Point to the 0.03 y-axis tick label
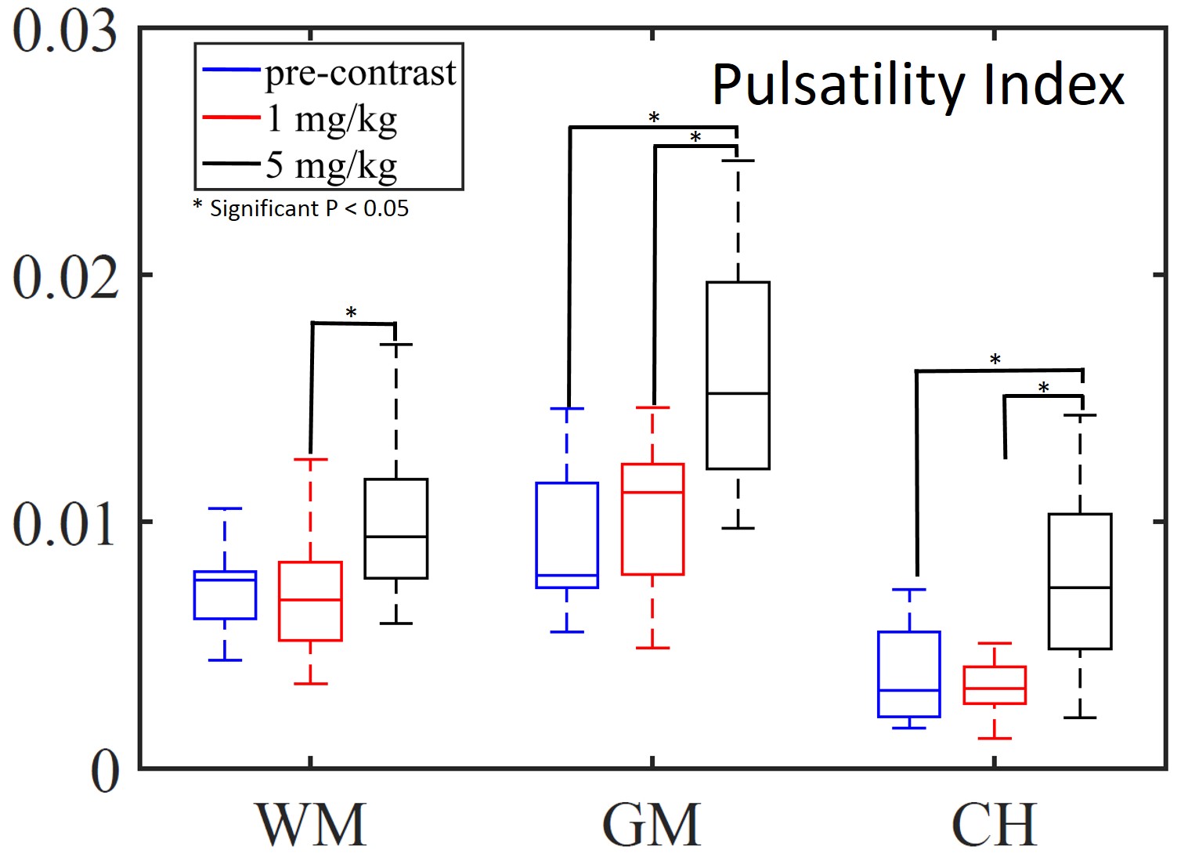point(65,33)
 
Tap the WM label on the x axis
point(311,824)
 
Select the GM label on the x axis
point(652,824)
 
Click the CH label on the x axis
point(994,824)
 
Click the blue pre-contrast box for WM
point(225,595)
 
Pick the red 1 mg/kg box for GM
point(652,519)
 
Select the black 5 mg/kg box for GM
point(738,375)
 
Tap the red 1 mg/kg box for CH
point(995,685)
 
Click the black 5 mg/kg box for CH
point(1080,581)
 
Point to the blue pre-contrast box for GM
point(567,535)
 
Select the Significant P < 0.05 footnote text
point(302,208)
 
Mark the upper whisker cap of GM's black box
point(738,161)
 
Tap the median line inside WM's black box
point(396,537)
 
